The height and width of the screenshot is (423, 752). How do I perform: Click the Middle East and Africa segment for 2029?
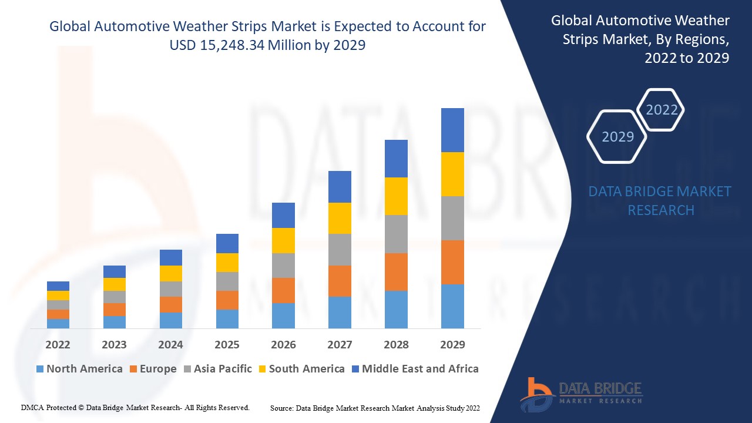452,130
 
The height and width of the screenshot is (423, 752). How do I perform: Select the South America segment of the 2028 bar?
396,196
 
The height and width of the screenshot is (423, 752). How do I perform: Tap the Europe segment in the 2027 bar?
340,281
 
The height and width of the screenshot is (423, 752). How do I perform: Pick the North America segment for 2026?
283,315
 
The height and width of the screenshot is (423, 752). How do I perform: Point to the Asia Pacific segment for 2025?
227,281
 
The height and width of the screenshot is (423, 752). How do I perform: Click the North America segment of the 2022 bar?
58,323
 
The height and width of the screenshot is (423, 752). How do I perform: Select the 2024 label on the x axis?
170,344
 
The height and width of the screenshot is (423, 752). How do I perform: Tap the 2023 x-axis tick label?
114,344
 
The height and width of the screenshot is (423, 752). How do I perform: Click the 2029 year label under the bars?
452,344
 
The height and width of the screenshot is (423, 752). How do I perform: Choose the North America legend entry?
79,369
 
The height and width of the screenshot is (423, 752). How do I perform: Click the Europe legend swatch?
134,369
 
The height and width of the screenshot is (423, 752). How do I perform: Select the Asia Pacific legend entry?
218,369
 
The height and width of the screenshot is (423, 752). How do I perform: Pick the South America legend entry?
301,369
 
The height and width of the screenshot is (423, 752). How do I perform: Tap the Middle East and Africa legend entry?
415,369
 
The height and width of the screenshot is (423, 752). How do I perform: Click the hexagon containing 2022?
662,110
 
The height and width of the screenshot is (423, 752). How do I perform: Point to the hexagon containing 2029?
617,137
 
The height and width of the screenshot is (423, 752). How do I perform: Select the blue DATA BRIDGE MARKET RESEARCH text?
660,201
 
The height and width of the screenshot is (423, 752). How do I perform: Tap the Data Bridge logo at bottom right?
581,394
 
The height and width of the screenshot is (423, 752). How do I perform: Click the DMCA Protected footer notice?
135,407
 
